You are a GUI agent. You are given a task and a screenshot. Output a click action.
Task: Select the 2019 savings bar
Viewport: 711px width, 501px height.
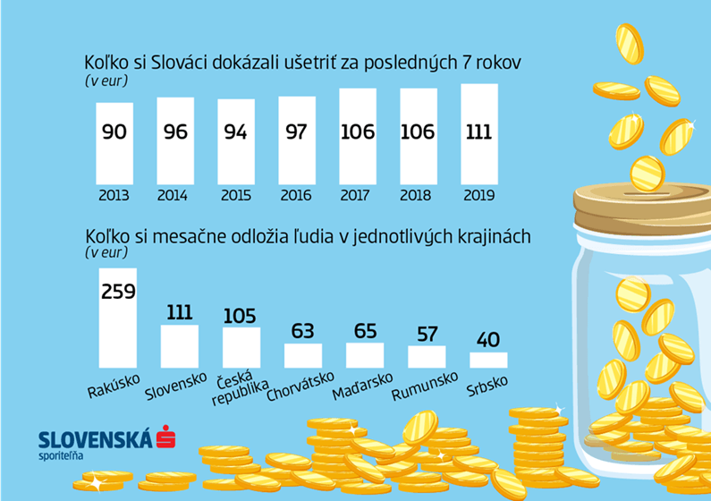478,134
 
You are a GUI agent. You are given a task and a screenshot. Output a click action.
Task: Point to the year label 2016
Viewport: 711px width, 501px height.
296,194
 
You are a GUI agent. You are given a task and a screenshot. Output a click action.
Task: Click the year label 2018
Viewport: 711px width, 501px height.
417,194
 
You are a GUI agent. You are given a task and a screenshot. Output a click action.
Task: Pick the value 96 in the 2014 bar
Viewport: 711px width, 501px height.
175,132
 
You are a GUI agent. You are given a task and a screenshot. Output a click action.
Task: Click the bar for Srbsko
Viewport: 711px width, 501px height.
488,360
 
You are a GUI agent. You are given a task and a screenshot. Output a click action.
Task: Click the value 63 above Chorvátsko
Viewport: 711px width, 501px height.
303,331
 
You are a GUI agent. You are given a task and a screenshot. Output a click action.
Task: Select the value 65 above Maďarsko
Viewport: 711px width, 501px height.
365,331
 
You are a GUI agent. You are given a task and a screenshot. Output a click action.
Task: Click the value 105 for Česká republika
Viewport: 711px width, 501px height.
240,315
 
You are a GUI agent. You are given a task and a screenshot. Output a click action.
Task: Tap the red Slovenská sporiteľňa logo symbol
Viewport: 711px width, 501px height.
164,438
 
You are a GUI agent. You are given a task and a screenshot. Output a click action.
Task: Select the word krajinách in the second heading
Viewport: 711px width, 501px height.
493,236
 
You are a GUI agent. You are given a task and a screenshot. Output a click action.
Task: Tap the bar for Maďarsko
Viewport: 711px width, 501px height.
365,355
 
